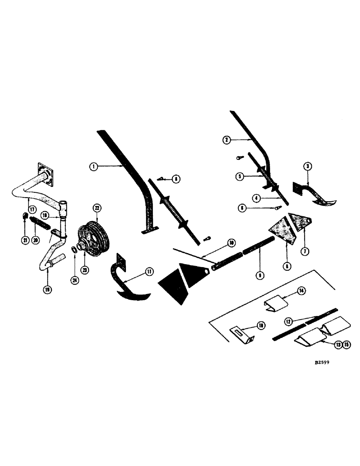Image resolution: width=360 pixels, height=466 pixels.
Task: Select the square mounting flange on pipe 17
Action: [43, 174]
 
